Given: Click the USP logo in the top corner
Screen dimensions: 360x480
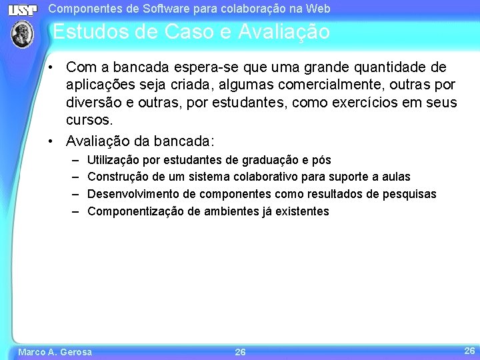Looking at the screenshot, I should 22,9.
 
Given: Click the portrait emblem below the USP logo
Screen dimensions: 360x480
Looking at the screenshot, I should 22,33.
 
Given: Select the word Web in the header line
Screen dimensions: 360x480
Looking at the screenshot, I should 319,9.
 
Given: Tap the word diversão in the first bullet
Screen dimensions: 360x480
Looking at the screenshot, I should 94,103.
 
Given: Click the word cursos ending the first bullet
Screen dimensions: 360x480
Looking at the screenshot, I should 89,120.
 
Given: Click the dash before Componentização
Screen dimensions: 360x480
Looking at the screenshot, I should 75,211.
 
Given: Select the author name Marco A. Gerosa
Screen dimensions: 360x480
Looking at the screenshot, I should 55,351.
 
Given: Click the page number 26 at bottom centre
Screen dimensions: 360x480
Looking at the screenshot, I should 240,351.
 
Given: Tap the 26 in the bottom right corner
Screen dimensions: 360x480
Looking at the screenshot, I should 469,350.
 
